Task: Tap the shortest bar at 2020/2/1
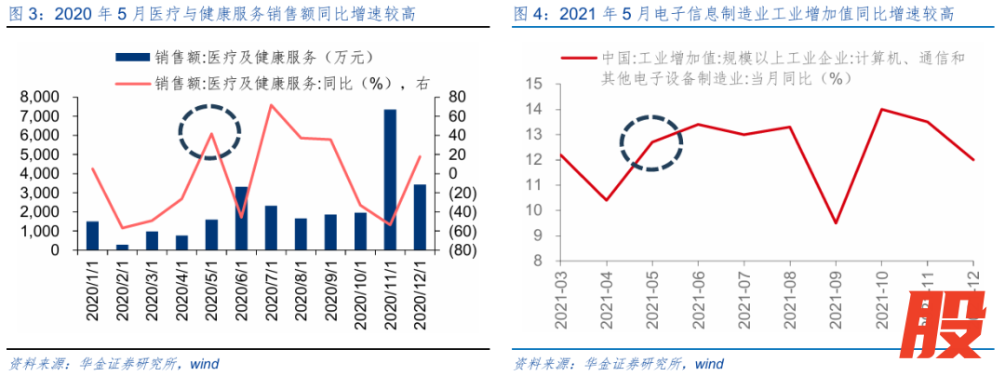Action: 122,247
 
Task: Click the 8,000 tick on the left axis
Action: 40,97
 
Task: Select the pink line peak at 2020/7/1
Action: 271,105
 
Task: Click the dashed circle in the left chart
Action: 209,132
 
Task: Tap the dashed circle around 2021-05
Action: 651,143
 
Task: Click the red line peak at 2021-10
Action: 881,109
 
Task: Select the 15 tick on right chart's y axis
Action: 534,84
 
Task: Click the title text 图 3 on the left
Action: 24,15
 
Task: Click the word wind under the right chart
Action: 708,363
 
